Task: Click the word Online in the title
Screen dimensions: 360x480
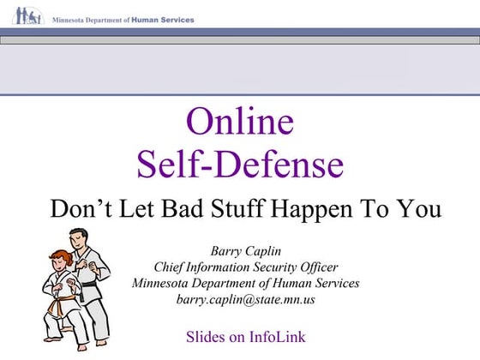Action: [239, 122]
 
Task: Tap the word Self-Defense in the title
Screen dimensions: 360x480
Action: [239, 163]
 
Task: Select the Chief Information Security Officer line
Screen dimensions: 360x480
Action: [245, 267]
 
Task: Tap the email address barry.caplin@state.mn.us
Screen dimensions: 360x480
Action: [245, 299]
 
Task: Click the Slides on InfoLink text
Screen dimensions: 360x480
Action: [245, 336]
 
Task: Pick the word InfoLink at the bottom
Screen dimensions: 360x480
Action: [275, 336]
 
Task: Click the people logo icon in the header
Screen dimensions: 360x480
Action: [27, 16]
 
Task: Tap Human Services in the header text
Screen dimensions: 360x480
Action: [163, 19]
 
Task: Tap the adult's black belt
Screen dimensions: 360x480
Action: [89, 285]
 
